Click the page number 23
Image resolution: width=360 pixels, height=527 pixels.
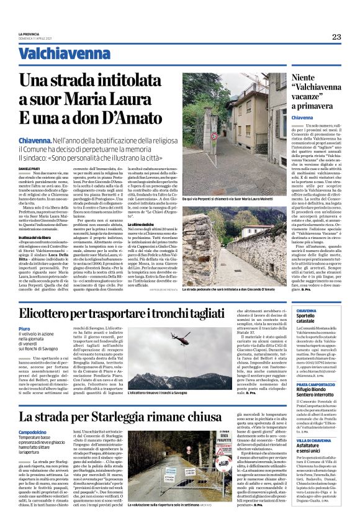coord(336,37)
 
